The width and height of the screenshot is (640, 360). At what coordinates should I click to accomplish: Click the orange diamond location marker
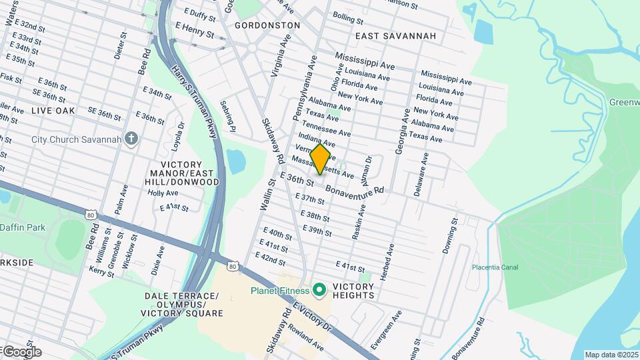pos(320,159)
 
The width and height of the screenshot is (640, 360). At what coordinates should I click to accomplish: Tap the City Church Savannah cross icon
pos(131,139)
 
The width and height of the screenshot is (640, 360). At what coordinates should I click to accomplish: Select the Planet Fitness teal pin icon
pos(319,290)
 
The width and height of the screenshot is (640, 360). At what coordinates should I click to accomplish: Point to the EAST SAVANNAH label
pos(395,35)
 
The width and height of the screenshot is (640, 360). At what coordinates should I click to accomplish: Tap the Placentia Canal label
pos(495,267)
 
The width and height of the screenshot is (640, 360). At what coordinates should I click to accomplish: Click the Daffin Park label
pos(23,227)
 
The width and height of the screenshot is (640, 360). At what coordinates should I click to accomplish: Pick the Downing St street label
pos(450,235)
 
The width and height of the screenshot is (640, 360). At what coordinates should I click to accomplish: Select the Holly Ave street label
pos(163,193)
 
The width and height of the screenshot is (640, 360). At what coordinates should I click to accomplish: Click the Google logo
pos(21,351)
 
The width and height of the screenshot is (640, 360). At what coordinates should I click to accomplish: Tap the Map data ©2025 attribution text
pos(611,355)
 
